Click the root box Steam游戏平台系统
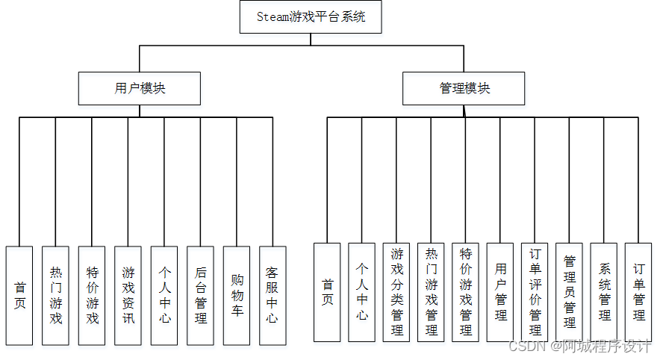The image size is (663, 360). coord(311,16)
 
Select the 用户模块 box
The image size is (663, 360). coord(140,88)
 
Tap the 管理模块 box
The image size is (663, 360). coord(464,88)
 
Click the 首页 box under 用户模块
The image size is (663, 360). coord(19,296)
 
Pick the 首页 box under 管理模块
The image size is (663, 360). coord(327,292)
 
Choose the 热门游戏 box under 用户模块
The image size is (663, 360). coord(55,296)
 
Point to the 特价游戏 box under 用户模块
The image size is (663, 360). coord(92,296)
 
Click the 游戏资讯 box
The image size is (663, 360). coord(128,296)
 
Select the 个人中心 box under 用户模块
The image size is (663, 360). coord(164,296)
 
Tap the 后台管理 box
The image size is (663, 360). coord(200,296)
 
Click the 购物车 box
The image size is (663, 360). coord(237,296)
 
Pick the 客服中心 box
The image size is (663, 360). coord(273,296)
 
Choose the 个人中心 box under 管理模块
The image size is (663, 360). coord(361,292)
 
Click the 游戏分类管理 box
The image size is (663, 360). coord(396,292)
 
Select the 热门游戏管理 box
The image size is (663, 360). coord(431,292)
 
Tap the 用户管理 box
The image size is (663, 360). coord(500,292)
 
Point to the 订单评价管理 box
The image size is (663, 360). coord(535,292)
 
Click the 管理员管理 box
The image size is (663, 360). coord(569,292)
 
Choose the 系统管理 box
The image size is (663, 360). coord(604,292)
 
